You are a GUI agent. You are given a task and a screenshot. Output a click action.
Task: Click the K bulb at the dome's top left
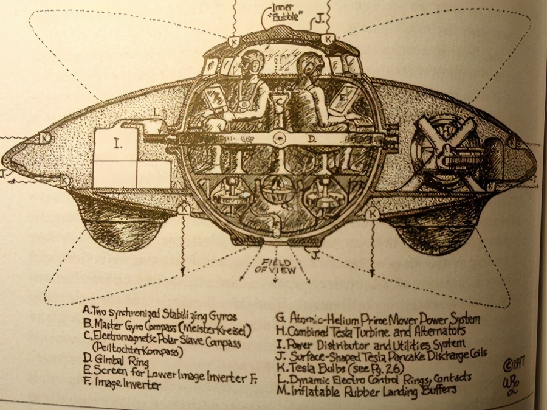tap(233, 41)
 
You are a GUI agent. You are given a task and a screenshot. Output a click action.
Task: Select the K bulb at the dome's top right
tap(328, 40)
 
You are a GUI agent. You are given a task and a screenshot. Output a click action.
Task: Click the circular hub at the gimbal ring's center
tap(278, 137)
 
